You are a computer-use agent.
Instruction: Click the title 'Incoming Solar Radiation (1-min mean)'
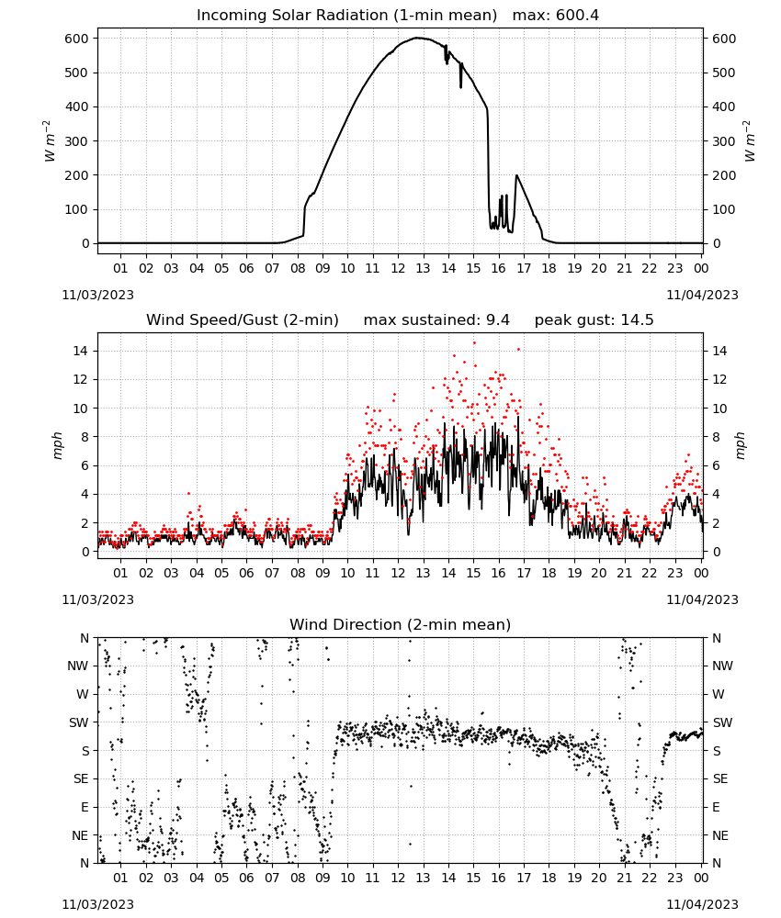click(346, 15)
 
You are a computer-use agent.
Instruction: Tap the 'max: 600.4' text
click(556, 15)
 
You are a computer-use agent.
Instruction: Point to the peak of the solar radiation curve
click(417, 38)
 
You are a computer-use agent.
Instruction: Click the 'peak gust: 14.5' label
click(594, 319)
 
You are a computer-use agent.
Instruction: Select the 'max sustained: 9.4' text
click(436, 319)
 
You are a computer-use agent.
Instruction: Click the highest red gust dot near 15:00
click(474, 343)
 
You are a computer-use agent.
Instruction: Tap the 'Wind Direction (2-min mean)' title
click(401, 624)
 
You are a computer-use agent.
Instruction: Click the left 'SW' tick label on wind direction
click(78, 722)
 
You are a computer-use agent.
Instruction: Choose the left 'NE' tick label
click(80, 835)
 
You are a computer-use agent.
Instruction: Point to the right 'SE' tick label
click(720, 778)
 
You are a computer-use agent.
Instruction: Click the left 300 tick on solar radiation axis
click(77, 141)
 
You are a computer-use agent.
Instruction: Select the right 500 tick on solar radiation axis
click(724, 73)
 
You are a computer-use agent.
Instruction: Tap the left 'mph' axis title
click(57, 445)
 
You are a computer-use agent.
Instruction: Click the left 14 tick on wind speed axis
click(80, 351)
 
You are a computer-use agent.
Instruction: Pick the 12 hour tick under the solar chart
click(398, 268)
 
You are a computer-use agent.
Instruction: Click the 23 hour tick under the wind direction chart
click(675, 878)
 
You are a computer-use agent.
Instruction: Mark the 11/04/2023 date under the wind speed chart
click(702, 599)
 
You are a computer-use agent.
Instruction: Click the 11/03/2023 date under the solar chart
click(97, 295)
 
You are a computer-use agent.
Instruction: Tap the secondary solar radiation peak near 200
click(516, 175)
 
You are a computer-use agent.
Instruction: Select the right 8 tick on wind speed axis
click(716, 437)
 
